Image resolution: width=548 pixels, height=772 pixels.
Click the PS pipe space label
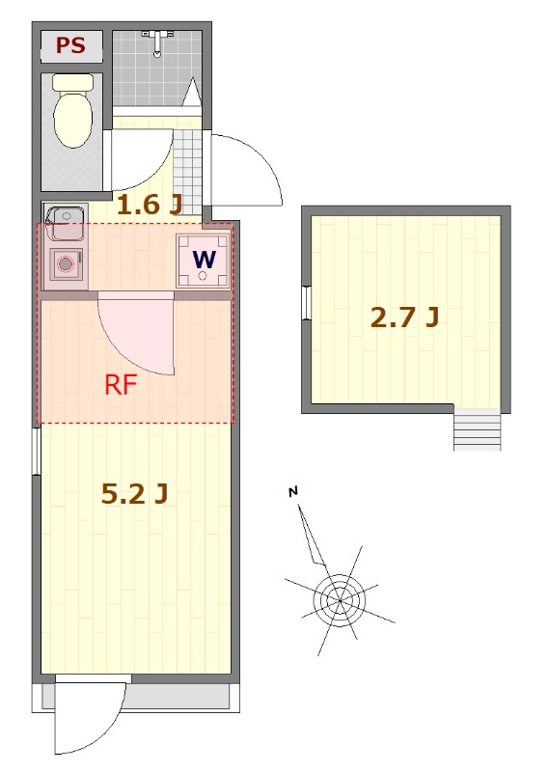point(70,45)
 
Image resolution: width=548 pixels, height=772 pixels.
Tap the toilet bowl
point(72,118)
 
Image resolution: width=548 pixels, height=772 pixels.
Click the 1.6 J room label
point(150,206)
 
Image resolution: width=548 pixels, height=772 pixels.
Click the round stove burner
point(66,263)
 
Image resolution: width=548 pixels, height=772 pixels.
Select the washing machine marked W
point(204,261)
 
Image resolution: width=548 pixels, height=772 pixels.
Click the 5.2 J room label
point(134,494)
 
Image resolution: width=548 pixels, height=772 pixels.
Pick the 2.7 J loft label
point(404,317)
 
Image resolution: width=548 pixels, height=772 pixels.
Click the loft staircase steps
point(478,430)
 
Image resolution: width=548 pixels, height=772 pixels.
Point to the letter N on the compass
point(293,491)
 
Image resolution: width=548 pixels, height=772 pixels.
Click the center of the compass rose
point(340,600)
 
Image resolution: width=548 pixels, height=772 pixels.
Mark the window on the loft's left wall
point(306,303)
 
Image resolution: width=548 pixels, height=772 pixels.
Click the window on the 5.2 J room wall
point(36,451)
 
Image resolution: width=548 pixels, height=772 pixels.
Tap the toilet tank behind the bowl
point(72,82)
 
